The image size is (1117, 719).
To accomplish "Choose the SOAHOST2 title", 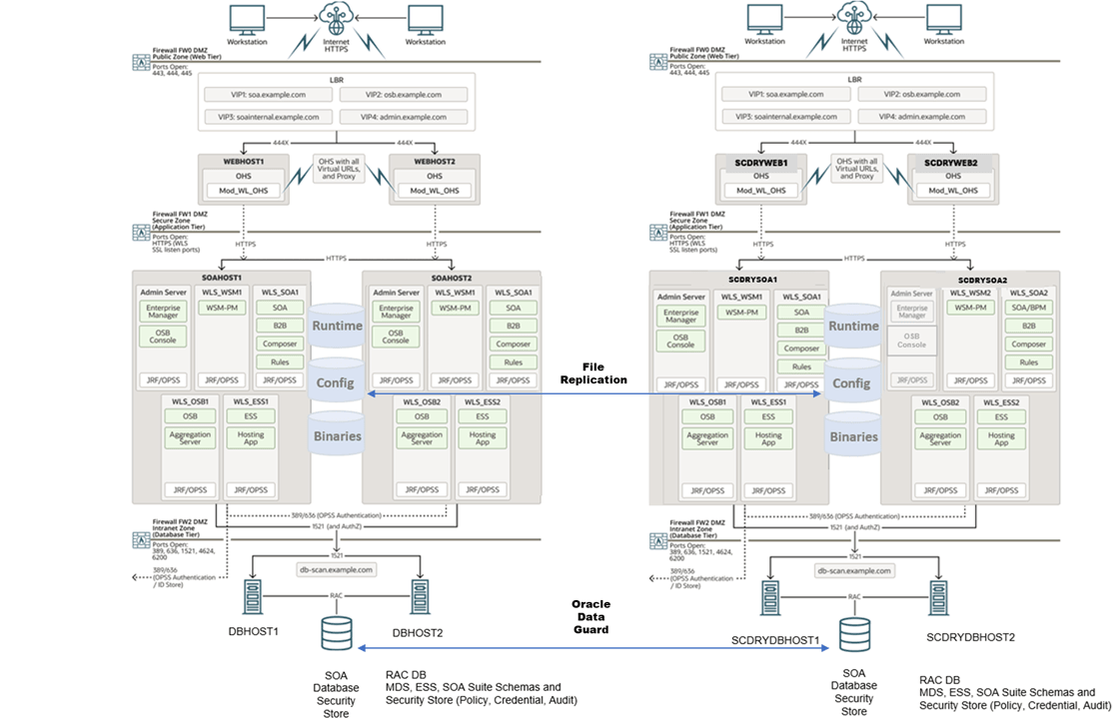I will (x=452, y=277).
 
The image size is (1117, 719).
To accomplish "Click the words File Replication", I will (x=593, y=373).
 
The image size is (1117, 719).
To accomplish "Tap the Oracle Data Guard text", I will (x=590, y=616).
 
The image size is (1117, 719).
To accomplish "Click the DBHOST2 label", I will (x=418, y=632).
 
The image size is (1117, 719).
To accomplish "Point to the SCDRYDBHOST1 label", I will (x=774, y=639).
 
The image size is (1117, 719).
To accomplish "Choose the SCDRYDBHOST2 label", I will (x=970, y=636).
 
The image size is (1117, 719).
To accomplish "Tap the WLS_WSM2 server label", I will (x=969, y=293).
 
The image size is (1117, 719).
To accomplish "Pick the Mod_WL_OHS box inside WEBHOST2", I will (x=437, y=191).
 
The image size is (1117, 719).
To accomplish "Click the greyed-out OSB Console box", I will (x=911, y=340).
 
